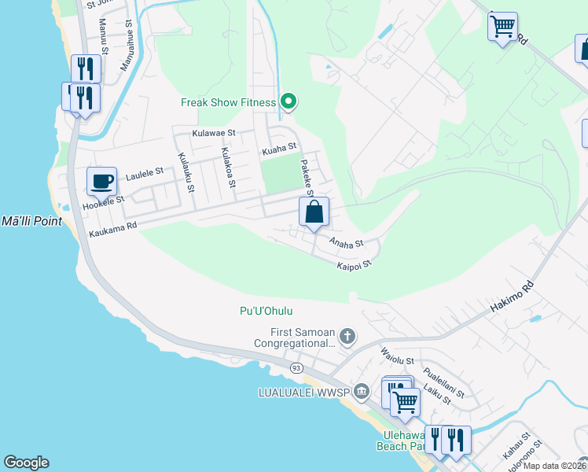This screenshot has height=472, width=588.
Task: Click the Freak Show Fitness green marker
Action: click(x=288, y=101)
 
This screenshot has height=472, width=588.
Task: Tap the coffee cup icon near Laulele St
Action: click(x=101, y=183)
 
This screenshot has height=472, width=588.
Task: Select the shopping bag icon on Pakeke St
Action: click(x=314, y=212)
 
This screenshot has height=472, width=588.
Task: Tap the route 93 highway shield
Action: click(x=296, y=367)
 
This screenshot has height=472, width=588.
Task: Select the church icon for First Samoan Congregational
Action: click(x=347, y=337)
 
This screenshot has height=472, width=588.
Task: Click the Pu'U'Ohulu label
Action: click(x=270, y=312)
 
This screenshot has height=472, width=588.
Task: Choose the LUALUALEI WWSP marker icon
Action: click(x=361, y=391)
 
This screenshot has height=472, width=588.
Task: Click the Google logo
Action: click(x=26, y=463)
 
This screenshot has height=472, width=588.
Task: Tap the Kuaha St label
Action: click(x=279, y=147)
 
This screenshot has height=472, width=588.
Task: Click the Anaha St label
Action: click(x=346, y=244)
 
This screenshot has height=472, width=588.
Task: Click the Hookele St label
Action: click(x=103, y=204)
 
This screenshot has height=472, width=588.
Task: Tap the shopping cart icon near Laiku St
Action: click(x=405, y=402)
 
